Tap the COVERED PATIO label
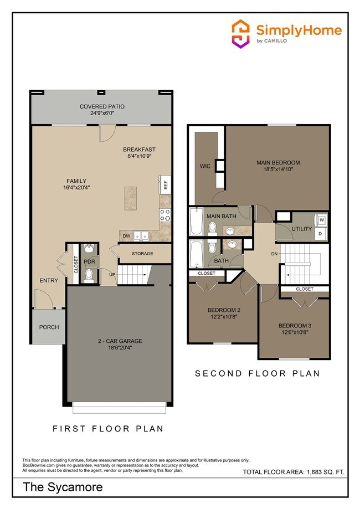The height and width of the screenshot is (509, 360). coord(102,106)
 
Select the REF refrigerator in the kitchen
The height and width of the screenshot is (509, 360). coord(165,185)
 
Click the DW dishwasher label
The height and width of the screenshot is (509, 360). coord(126,236)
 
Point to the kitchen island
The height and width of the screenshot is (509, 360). coord(131,198)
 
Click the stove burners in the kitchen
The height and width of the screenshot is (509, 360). coord(165,215)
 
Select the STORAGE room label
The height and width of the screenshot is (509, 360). coord(142,254)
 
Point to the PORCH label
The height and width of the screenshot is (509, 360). coord(49,327)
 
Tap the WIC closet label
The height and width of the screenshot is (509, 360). coord(205,166)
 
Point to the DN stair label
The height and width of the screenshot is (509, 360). coord(274,254)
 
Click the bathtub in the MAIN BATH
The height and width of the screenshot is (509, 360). coord(196,222)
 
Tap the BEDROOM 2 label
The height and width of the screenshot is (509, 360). coord(224,310)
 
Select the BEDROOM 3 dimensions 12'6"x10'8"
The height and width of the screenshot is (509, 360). coord(294,332)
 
